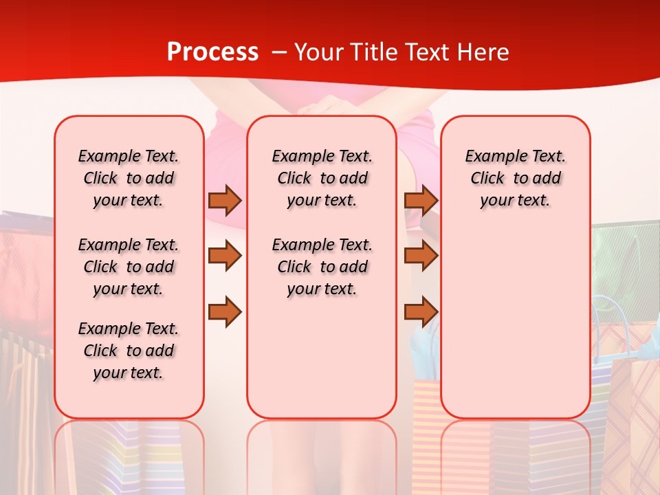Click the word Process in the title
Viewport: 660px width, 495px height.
[212, 52]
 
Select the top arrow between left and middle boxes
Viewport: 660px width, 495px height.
[225, 200]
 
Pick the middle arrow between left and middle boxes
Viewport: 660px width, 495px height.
[225, 256]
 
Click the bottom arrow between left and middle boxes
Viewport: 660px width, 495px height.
[225, 311]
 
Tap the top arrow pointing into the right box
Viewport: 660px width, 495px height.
[421, 200]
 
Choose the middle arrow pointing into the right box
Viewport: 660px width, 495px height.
[421, 256]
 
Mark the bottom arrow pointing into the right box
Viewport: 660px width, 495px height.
[421, 311]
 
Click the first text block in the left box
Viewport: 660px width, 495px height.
[129, 178]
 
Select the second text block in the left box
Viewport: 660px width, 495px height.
[129, 267]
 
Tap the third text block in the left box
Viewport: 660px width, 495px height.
[129, 351]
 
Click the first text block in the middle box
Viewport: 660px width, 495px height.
[322, 178]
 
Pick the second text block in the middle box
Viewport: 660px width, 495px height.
[322, 267]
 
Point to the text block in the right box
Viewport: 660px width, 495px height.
[515, 178]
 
